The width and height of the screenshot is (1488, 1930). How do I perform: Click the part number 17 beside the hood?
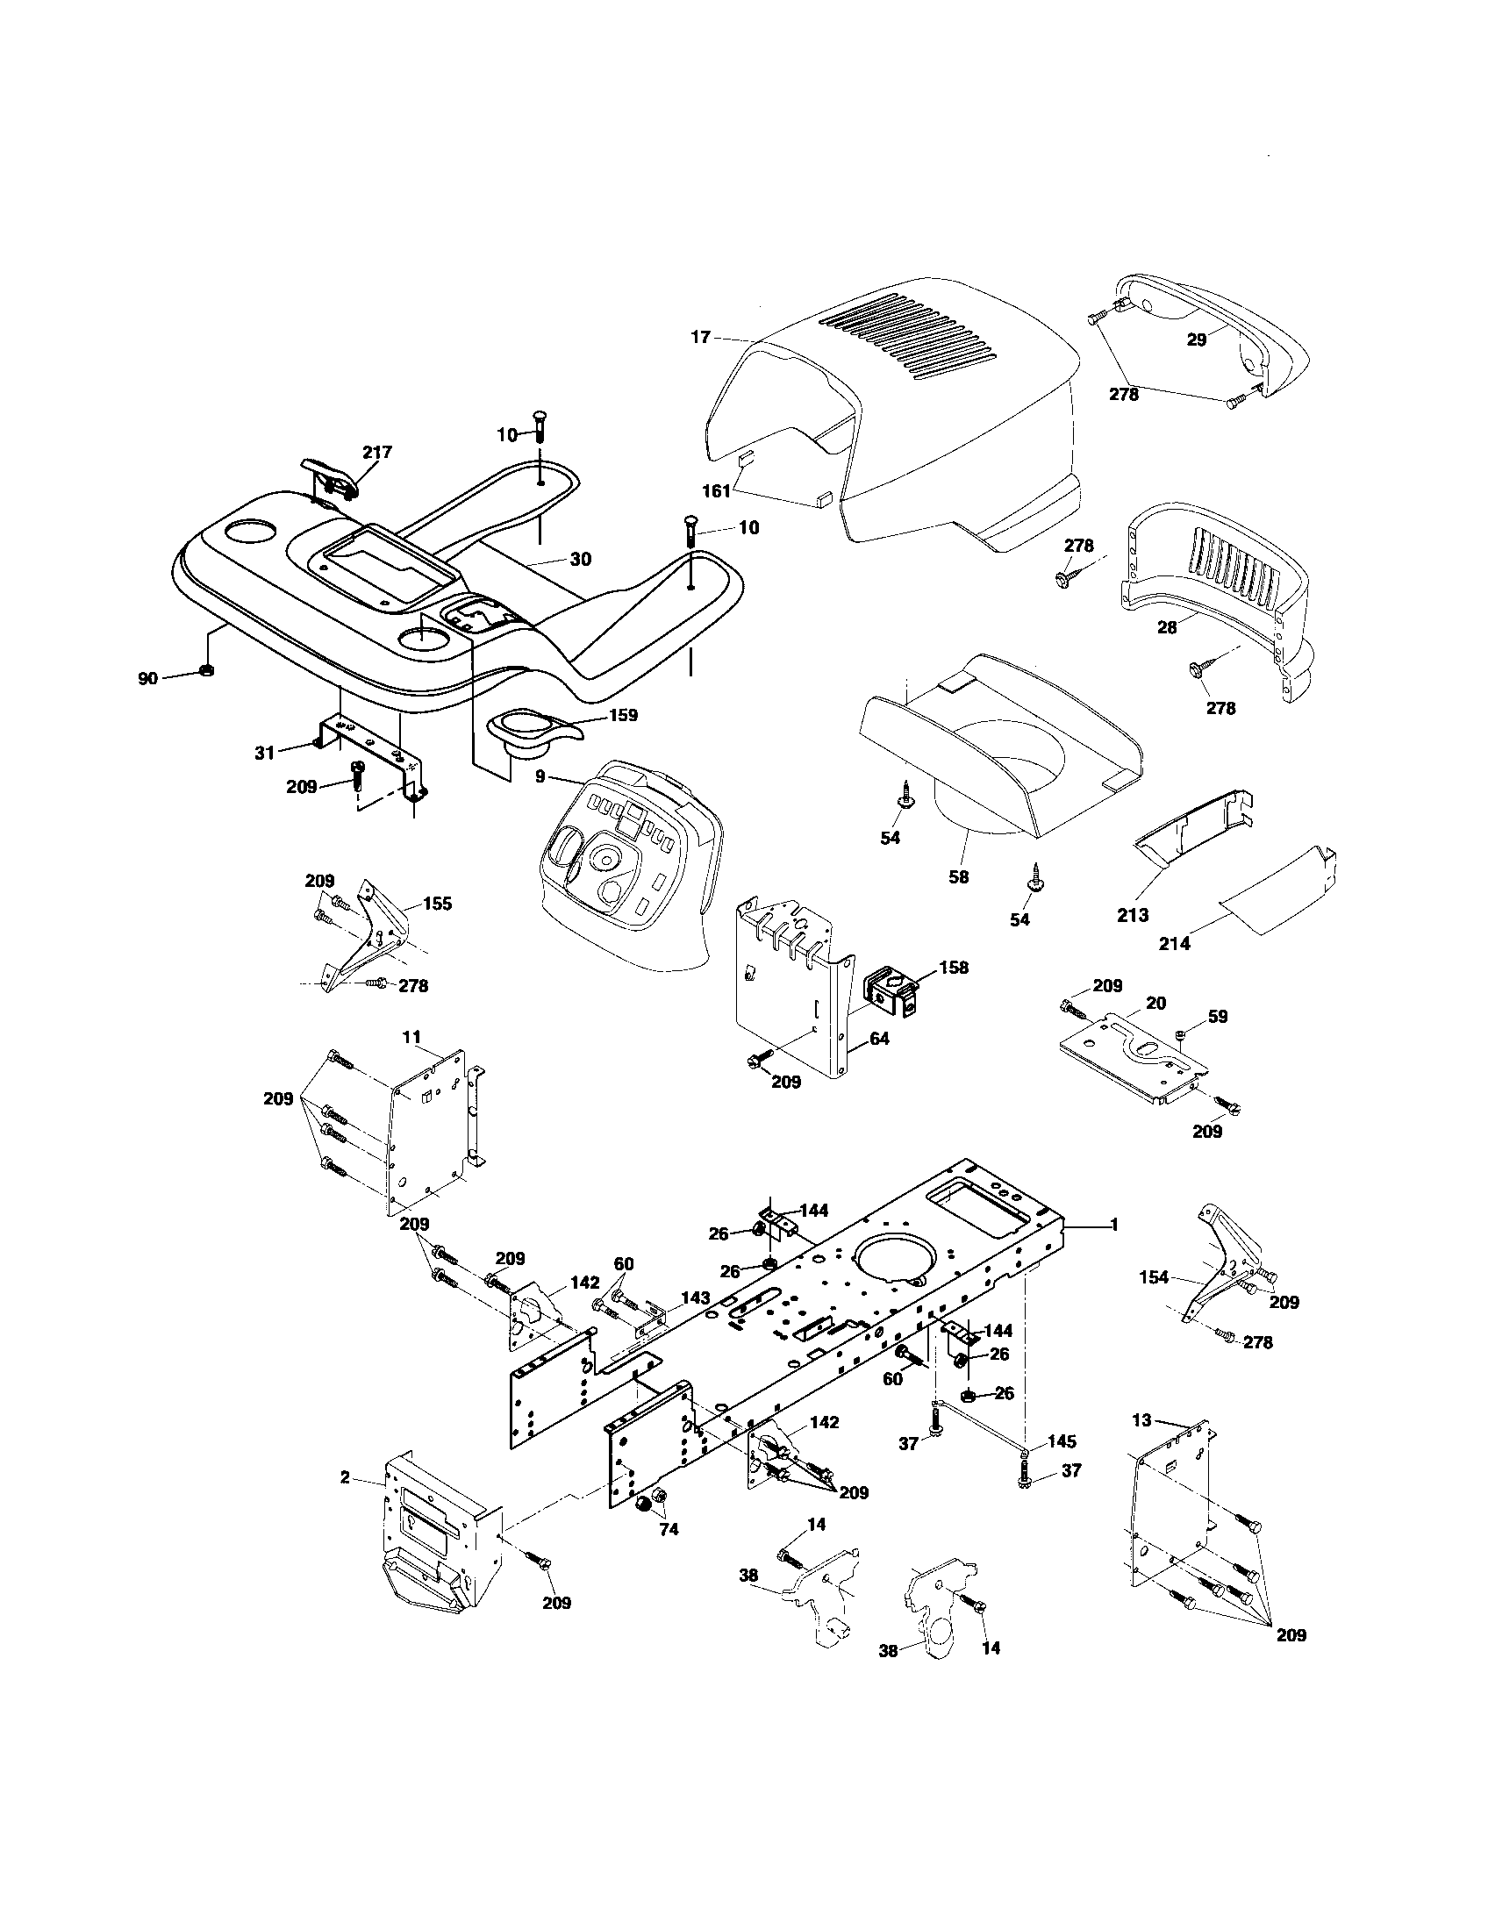tap(700, 337)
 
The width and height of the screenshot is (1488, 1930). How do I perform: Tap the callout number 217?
tap(376, 452)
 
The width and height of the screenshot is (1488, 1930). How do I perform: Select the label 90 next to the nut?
tap(147, 678)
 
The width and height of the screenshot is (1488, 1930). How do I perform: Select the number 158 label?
tap(954, 968)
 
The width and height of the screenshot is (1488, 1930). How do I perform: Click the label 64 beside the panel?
tap(878, 1039)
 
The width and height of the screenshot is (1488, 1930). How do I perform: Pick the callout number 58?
tap(958, 876)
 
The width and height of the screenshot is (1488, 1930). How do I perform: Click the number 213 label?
tap(1133, 915)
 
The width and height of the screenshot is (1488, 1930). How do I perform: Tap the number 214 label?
tap(1174, 944)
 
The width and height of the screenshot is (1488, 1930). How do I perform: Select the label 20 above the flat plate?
tap(1155, 1003)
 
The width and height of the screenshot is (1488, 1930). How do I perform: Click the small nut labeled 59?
tap(1181, 1033)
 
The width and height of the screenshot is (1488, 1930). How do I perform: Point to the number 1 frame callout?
tap(1114, 1225)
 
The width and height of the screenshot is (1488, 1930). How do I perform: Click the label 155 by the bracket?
tap(438, 903)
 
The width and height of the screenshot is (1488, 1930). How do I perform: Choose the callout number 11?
tap(411, 1036)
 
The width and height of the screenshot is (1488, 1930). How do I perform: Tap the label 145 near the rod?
tap(1062, 1441)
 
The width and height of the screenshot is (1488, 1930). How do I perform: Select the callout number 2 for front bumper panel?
tap(345, 1476)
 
